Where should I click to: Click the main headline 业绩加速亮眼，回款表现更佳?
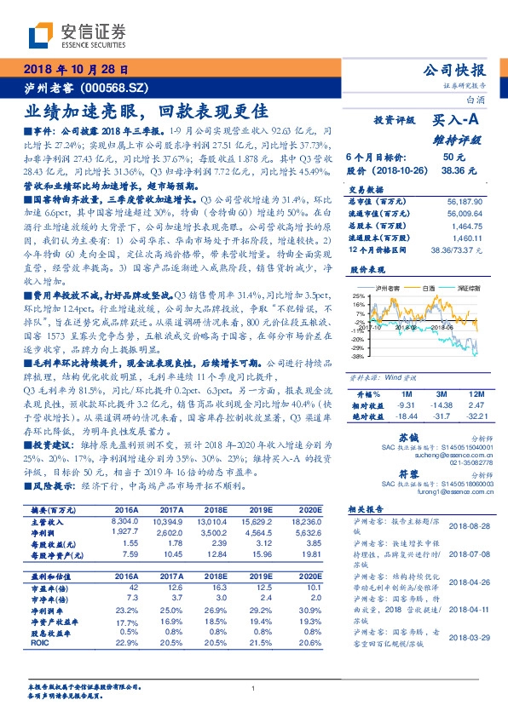coord(147,111)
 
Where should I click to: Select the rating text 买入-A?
coord(452,122)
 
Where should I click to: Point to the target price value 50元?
coord(453,158)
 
